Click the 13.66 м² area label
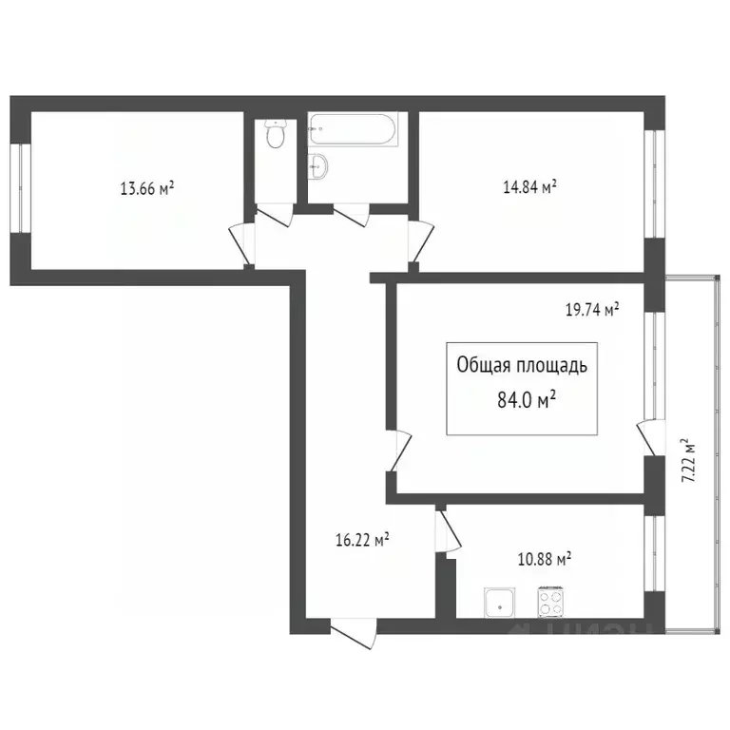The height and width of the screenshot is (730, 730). (146, 188)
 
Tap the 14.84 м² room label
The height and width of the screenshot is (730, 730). (529, 188)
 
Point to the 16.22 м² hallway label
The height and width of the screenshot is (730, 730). (362, 540)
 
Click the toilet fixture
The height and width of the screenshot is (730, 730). (275, 137)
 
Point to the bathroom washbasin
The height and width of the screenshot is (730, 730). (319, 165)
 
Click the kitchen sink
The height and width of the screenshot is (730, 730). (497, 603)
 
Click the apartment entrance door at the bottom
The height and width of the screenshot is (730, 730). (354, 631)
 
